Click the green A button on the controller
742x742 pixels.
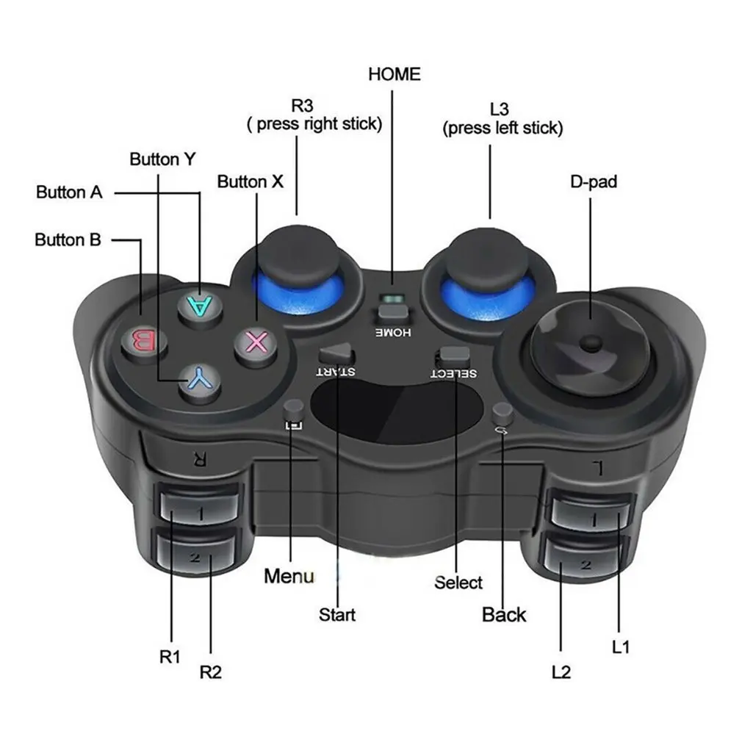click(200, 306)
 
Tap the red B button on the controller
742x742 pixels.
click(144, 341)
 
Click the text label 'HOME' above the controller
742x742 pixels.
click(395, 74)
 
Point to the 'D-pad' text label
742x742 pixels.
click(594, 181)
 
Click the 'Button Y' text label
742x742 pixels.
click(162, 159)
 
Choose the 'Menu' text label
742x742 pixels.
click(289, 576)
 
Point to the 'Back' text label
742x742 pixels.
click(503, 615)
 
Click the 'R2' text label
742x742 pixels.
click(211, 671)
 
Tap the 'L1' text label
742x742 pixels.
click(620, 646)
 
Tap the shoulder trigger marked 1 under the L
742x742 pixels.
click(591, 516)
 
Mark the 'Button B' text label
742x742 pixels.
click(68, 239)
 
